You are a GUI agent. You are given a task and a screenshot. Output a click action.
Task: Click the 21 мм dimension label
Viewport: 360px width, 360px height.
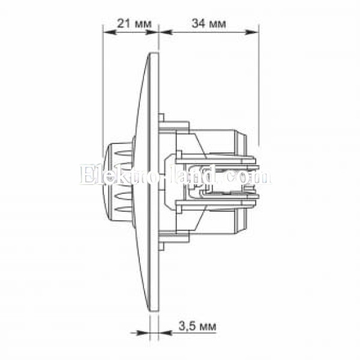coord(134,23)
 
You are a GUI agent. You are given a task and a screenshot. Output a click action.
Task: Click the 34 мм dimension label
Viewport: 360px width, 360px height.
coord(208,23)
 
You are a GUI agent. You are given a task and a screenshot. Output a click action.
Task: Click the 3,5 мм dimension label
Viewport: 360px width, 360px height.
coord(197,326)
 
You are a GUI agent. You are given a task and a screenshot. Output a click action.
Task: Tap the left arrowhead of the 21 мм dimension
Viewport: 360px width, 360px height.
coord(109,32)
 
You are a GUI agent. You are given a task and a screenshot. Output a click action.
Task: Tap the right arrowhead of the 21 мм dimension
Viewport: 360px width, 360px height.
coord(152,32)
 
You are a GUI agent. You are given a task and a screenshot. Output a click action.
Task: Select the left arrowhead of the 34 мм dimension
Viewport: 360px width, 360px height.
coord(166,32)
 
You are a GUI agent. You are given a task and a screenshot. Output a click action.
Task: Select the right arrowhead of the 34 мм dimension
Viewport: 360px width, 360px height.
coord(253,32)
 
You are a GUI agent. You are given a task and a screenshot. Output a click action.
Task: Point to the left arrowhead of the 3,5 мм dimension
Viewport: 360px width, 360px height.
coord(143,332)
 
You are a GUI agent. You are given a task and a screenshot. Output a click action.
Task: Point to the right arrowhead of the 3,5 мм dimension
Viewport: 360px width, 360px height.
coord(166,332)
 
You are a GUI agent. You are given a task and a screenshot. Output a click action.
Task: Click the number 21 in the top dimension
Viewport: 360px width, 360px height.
coord(124,23)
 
